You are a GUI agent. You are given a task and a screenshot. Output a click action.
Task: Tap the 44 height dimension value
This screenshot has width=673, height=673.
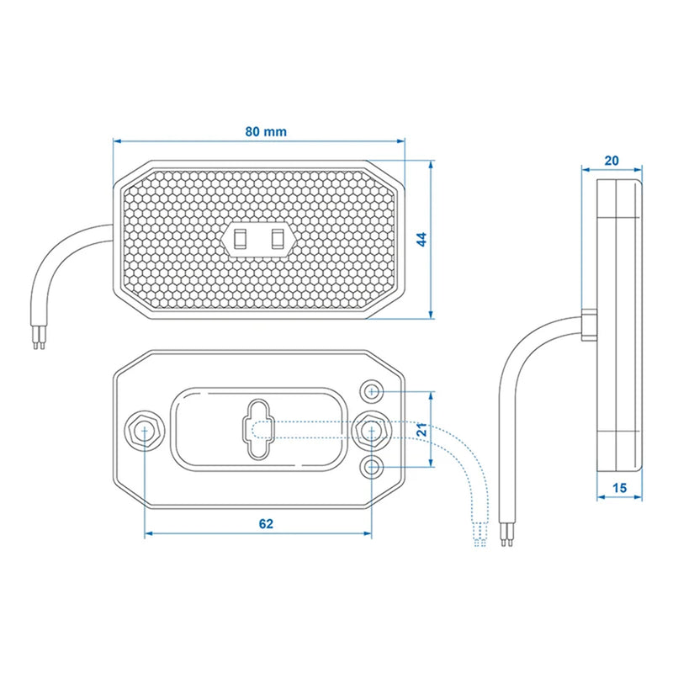pyautogui.click(x=422, y=240)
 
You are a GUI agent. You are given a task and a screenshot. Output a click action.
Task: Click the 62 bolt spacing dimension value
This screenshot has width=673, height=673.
pyautogui.click(x=265, y=523)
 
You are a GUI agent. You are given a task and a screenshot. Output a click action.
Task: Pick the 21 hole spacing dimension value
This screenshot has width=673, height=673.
pyautogui.click(x=423, y=428)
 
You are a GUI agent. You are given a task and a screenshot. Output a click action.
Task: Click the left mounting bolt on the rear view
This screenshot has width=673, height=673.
pyautogui.click(x=145, y=430)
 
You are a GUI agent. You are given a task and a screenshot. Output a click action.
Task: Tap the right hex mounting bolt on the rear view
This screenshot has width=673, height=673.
pyautogui.click(x=370, y=430)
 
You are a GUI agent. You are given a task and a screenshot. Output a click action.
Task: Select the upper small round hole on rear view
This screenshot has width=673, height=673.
pyautogui.click(x=373, y=391)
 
